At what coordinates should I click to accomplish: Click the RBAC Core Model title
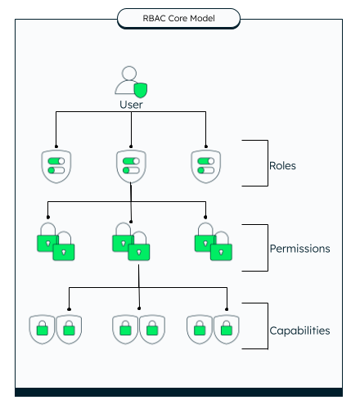(x=178, y=18)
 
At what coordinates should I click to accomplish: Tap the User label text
(x=131, y=105)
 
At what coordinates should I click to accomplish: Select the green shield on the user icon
(x=141, y=90)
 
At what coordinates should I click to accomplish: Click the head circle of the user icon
(x=129, y=74)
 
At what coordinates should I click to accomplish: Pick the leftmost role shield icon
(x=56, y=166)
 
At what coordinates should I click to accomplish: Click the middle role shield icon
(x=131, y=166)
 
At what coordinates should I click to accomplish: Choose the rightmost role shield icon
(x=206, y=166)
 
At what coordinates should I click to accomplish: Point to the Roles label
(x=282, y=166)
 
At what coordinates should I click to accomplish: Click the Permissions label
(x=299, y=249)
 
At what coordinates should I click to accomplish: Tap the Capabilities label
(x=299, y=330)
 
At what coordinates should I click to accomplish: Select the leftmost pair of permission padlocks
(x=56, y=241)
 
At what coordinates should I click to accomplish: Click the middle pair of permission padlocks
(x=131, y=241)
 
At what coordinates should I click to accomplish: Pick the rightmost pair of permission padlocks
(x=214, y=241)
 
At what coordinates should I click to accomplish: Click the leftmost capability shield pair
(x=56, y=330)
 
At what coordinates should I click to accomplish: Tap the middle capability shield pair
(x=138, y=330)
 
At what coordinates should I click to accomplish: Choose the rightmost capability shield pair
(x=213, y=330)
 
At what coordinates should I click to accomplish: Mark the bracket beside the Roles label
(x=268, y=163)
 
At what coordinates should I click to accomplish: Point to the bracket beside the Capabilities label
(x=268, y=326)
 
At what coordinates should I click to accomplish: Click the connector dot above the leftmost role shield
(x=56, y=146)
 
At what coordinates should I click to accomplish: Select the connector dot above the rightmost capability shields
(x=227, y=309)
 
